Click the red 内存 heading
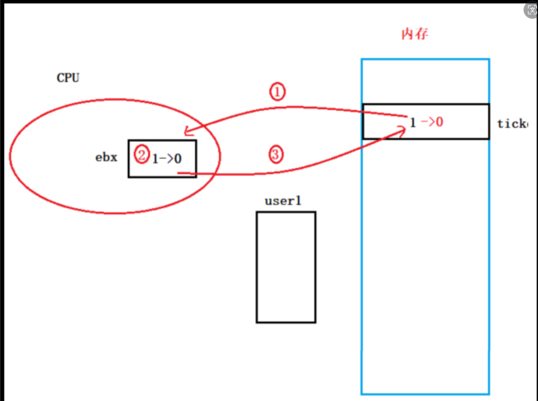coord(414,35)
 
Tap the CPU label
coord(68,78)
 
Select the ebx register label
coord(106,157)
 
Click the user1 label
coord(283,200)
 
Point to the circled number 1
coord(277,92)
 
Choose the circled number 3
coord(276,154)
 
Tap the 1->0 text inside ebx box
coord(167,159)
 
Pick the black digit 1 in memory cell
coord(412,123)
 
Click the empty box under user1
coord(286,267)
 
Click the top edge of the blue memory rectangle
coord(425,59)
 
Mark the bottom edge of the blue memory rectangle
coord(425,394)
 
